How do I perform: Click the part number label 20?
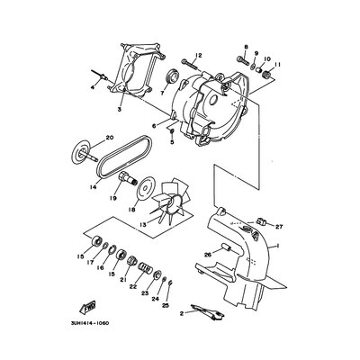click(110, 138)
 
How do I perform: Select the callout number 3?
click(119, 108)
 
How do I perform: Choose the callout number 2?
click(182, 312)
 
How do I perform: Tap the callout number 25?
click(164, 306)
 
